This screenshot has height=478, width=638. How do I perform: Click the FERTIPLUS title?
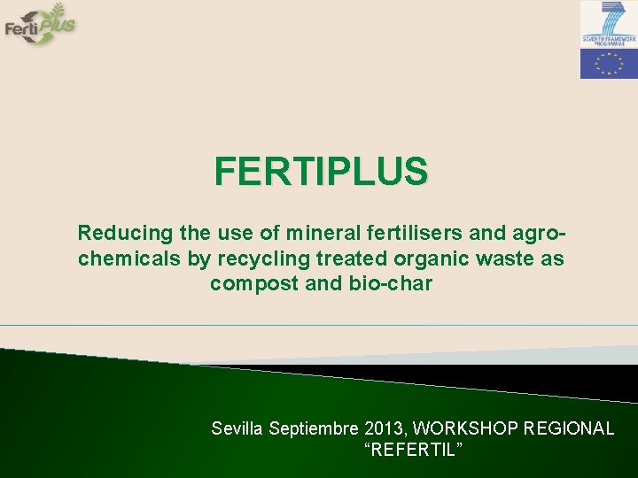point(321,171)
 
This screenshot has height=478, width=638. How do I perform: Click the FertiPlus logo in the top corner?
point(40,24)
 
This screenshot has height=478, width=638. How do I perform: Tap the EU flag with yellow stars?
point(608,64)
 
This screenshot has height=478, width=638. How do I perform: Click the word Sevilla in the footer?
point(237,428)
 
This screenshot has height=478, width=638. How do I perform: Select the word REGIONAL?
point(570,428)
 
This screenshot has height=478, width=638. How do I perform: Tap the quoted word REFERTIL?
point(413,451)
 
